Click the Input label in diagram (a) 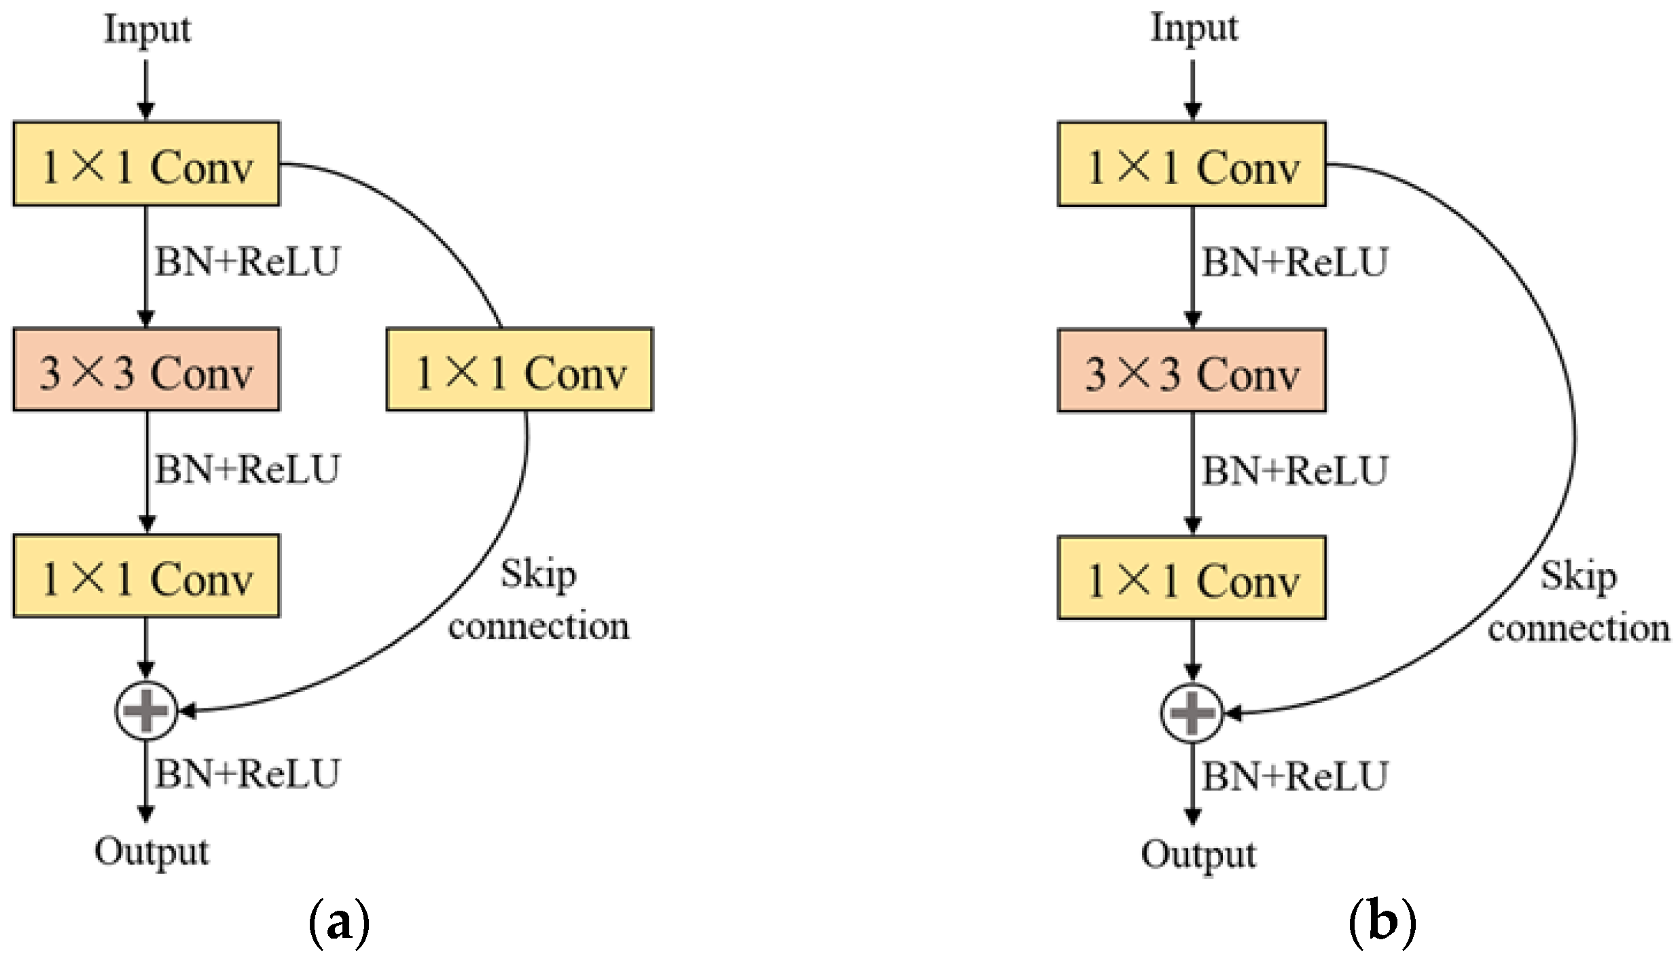coord(147,31)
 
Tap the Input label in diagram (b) coord(1194,29)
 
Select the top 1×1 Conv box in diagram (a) coord(146,164)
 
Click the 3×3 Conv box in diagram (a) coord(146,370)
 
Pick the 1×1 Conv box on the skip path coord(520,370)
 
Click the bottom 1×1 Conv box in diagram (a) coord(146,577)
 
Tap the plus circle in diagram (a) coord(146,710)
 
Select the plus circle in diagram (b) coord(1192,712)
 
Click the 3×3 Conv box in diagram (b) coord(1192,371)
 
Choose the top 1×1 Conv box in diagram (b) coord(1192,164)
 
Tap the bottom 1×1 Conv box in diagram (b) coord(1192,579)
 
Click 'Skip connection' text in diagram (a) coord(538,600)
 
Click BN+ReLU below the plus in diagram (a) coord(247,774)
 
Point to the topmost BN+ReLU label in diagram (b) coord(1294,262)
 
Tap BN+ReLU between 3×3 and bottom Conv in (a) coord(247,469)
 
